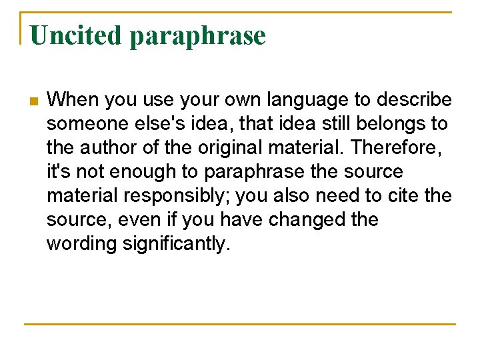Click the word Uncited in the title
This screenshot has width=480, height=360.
76,35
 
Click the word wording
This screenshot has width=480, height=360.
81,244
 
